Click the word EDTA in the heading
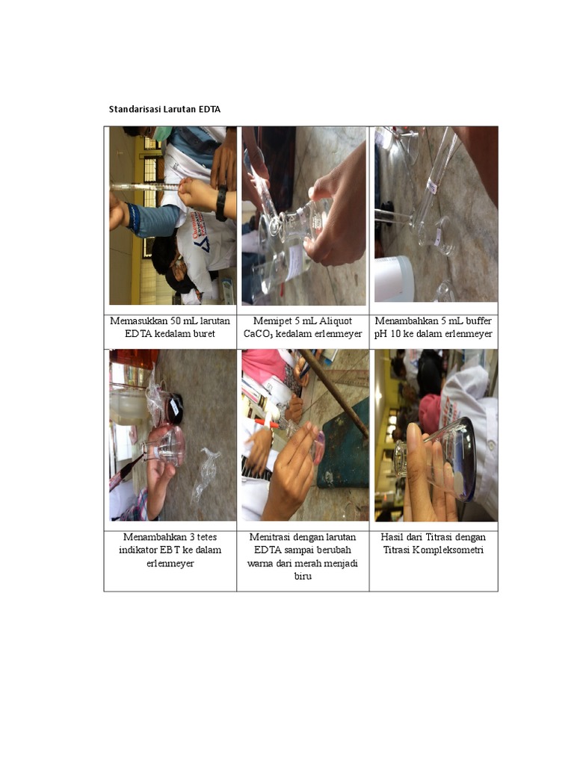(209, 109)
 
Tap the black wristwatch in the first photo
(221, 202)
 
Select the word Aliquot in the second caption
(336, 321)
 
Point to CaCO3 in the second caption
(258, 334)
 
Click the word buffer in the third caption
(478, 321)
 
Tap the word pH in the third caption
(380, 335)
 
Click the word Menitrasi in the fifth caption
(269, 537)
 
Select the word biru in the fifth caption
(303, 576)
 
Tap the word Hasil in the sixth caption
(392, 537)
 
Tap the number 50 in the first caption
(175, 321)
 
